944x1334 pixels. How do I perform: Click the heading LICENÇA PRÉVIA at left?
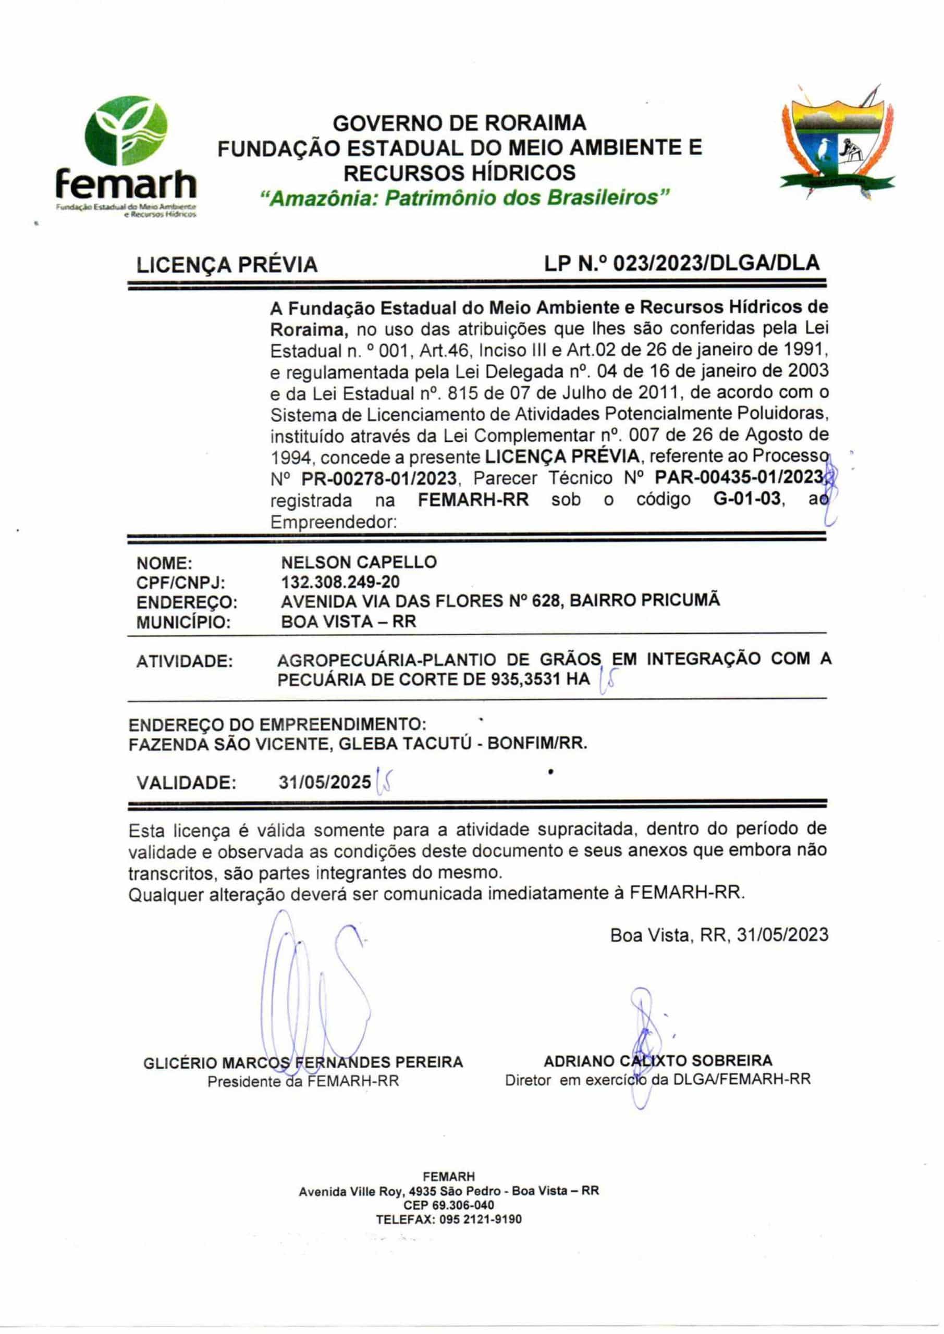click(227, 265)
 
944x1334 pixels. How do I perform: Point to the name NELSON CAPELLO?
click(359, 562)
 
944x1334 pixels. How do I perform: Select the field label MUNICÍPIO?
click(183, 622)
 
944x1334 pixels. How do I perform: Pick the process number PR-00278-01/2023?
click(378, 479)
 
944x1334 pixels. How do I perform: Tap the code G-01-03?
click(746, 499)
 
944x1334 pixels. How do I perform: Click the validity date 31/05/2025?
click(324, 782)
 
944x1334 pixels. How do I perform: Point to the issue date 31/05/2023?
click(782, 934)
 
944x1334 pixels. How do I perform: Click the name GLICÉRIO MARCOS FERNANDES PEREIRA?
click(303, 1063)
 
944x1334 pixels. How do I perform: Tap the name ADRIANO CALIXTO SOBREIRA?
click(657, 1061)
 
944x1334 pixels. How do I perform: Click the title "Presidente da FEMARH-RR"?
click(303, 1082)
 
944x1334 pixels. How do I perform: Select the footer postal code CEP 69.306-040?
click(449, 1205)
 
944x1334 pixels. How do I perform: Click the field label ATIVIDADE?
click(185, 662)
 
